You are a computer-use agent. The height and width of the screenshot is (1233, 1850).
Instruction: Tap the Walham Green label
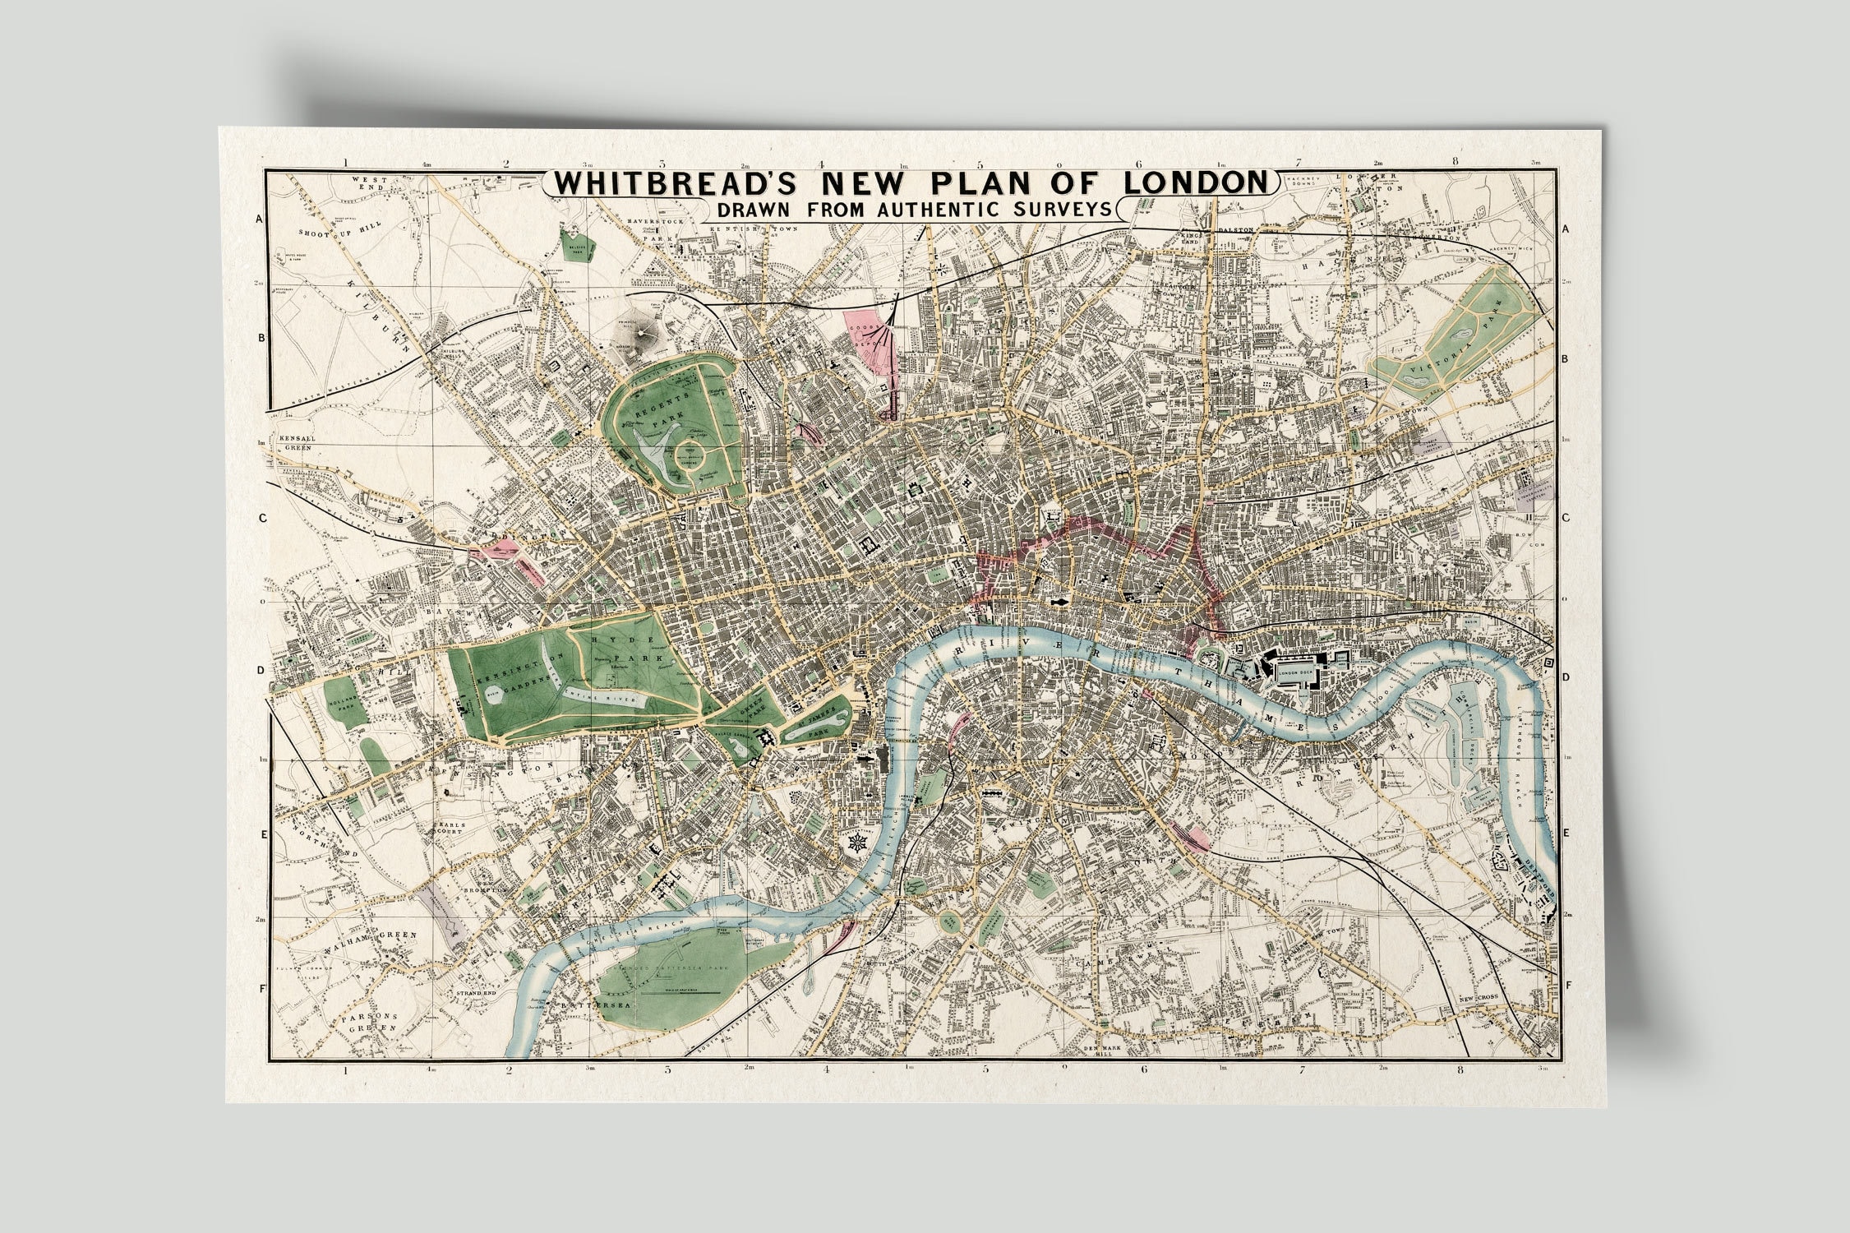383,935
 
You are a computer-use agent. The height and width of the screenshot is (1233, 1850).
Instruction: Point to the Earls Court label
452,826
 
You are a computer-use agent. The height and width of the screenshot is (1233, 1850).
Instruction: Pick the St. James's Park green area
814,723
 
